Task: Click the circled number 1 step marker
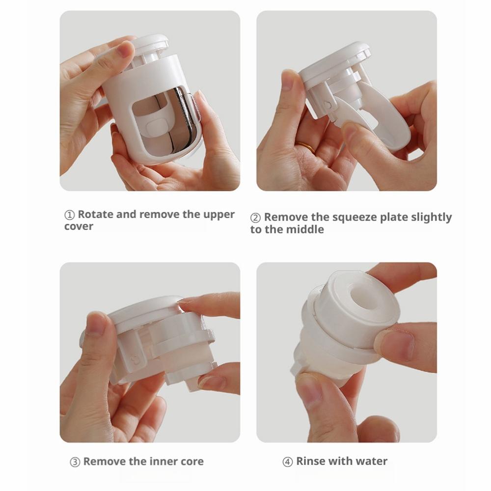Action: [69, 215]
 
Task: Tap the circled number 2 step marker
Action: [255, 218]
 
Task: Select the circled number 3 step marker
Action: [75, 462]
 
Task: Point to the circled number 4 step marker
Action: [287, 462]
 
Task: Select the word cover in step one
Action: [79, 226]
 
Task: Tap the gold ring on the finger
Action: [306, 146]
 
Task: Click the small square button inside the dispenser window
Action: [156, 128]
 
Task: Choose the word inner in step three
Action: [163, 461]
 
